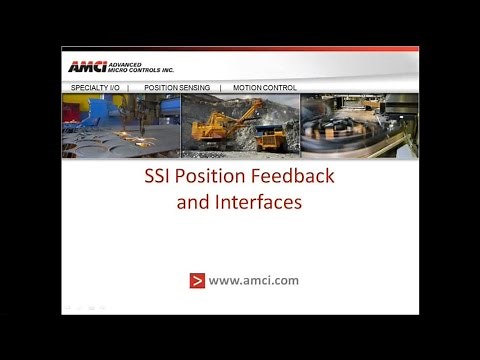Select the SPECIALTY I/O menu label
tap(96, 88)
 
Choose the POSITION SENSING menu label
tap(176, 88)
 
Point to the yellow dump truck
tap(271, 136)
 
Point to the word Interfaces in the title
tap(266, 201)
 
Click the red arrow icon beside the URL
tap(197, 280)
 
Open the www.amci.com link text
tap(254, 280)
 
